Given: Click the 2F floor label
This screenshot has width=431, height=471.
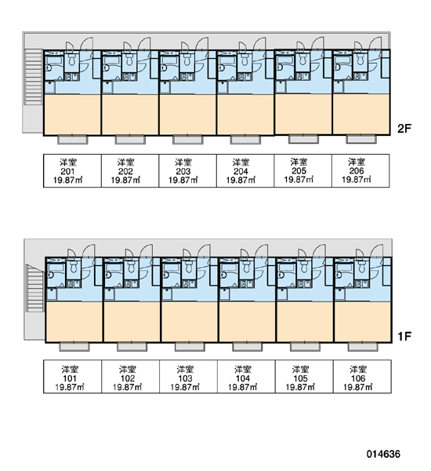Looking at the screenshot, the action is (404, 129).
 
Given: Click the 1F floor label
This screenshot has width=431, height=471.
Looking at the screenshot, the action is (404, 337).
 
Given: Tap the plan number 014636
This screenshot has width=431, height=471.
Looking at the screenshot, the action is (383, 454).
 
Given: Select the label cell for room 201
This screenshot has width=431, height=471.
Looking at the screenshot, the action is (72, 170).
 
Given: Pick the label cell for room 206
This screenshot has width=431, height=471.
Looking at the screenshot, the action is (360, 170).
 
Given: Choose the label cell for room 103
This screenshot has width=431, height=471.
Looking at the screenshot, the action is (188, 376).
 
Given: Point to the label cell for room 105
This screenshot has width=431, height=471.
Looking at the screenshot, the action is (304, 376).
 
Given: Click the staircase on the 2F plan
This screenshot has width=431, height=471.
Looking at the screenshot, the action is (33, 77).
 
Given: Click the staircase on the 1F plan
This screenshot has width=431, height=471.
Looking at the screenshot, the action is (35, 288).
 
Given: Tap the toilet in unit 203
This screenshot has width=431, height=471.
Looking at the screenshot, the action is (187, 59).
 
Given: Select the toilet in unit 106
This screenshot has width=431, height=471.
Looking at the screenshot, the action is (363, 266).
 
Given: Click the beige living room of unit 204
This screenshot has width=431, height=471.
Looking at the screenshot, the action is (245, 115).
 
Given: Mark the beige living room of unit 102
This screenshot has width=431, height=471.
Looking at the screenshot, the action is (132, 322).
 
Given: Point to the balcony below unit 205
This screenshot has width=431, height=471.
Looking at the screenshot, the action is (303, 139).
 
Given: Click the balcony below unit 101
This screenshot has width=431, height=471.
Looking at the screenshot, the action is (74, 347).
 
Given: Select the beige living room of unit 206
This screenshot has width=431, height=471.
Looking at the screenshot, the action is (361, 115).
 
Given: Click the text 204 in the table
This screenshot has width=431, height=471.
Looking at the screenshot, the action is (241, 171).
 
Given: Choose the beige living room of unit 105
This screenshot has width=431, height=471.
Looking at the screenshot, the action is (305, 322).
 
